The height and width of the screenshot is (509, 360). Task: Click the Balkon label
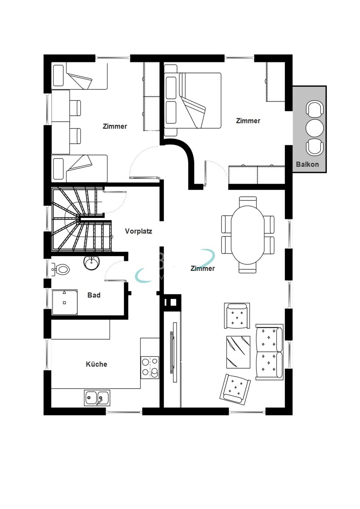(x=307, y=164)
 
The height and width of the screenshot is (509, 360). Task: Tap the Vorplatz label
(x=138, y=231)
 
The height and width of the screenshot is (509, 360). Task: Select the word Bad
(x=94, y=295)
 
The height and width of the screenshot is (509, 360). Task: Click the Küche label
(x=96, y=364)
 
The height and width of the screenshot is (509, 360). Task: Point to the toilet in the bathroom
(x=61, y=270)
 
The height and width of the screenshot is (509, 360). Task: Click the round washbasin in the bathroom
(x=92, y=263)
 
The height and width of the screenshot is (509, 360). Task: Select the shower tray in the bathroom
(x=65, y=302)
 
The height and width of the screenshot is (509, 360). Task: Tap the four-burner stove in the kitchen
(x=150, y=367)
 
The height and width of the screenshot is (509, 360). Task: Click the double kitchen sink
(x=97, y=398)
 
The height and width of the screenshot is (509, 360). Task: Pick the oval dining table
(x=247, y=235)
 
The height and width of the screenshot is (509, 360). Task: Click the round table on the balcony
(x=315, y=128)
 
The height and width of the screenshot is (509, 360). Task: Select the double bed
(x=193, y=101)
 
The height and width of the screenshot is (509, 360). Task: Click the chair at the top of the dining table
(x=247, y=201)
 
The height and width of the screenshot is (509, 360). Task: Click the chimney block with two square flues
(x=172, y=302)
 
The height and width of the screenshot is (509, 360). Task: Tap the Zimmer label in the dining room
(x=202, y=268)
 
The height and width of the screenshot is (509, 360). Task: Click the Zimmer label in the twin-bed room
(x=115, y=126)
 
